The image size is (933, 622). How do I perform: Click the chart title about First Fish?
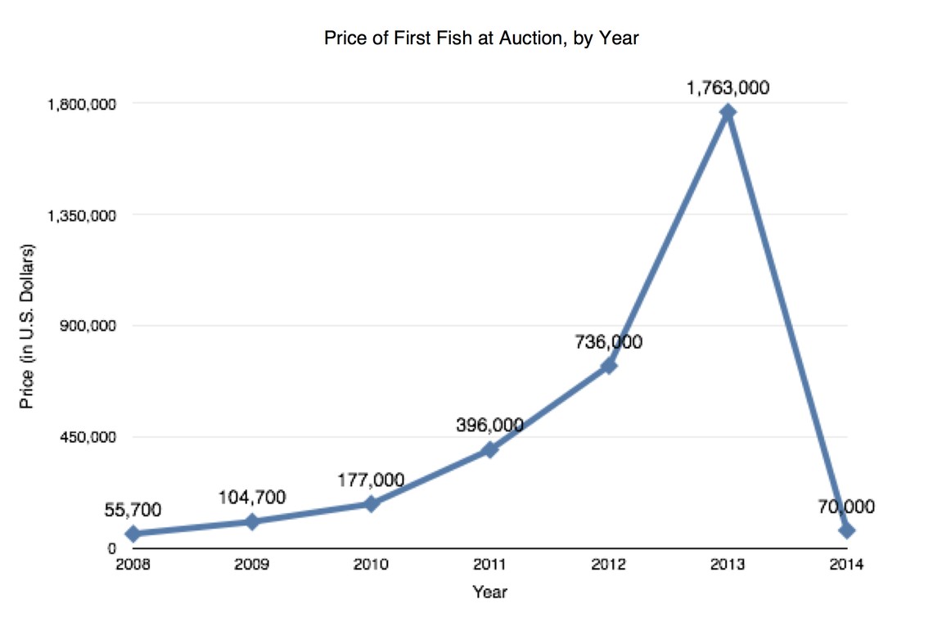(480, 38)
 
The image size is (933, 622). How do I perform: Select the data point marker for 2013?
(728, 112)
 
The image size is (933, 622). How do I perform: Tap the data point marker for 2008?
(133, 534)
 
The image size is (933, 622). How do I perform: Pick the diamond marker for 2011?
(489, 449)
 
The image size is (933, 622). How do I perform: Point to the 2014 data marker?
(847, 530)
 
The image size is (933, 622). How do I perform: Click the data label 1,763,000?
(728, 87)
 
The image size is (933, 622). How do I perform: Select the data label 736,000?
(608, 342)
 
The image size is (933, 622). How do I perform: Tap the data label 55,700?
(133, 510)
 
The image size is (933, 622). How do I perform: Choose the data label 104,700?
(252, 497)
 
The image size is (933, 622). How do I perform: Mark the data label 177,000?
(371, 480)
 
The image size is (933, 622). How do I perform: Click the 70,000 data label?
(846, 507)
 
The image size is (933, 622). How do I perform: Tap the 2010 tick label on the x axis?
(371, 564)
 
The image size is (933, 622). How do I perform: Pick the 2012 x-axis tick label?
(609, 564)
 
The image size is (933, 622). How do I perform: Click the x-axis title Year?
(489, 591)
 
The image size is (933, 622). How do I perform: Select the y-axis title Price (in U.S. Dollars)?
(27, 326)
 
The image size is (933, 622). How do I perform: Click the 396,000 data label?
(489, 425)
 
